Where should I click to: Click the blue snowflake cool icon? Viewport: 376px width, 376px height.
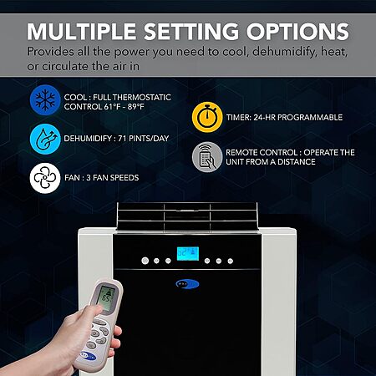pyautogui.click(x=45, y=100)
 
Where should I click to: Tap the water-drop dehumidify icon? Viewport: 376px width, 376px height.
pyautogui.click(x=45, y=139)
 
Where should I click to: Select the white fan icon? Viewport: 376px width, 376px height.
pyautogui.click(x=45, y=178)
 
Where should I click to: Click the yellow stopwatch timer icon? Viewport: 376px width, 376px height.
pyautogui.click(x=207, y=117)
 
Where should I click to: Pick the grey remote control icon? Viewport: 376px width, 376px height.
pyautogui.click(x=207, y=157)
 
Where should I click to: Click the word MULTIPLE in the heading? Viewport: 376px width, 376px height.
pyautogui.click(x=82, y=32)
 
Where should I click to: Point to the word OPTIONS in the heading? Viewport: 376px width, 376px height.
pyautogui.click(x=297, y=32)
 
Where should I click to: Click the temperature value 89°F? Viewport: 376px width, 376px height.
pyautogui.click(x=135, y=107)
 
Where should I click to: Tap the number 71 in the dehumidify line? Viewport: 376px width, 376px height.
pyautogui.click(x=122, y=139)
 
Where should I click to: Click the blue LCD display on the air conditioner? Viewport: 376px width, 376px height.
pyautogui.click(x=188, y=254)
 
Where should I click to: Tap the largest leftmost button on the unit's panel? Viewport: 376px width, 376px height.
pyautogui.click(x=145, y=261)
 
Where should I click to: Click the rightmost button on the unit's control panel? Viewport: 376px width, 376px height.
pyautogui.click(x=231, y=261)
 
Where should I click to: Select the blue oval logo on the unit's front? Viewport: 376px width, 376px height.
pyautogui.click(x=187, y=284)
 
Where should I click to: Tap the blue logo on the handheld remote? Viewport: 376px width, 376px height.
pyautogui.click(x=88, y=356)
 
